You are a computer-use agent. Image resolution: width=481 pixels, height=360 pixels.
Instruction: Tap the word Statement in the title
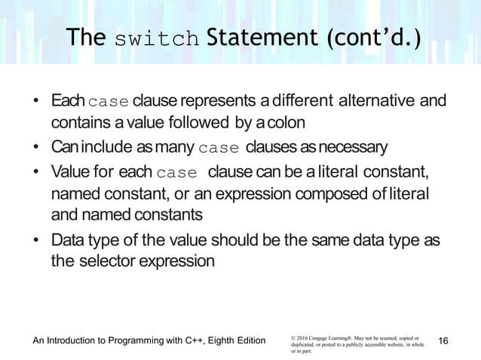tap(244, 37)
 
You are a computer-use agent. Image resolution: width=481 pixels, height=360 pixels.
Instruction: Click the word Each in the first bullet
tap(68, 101)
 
